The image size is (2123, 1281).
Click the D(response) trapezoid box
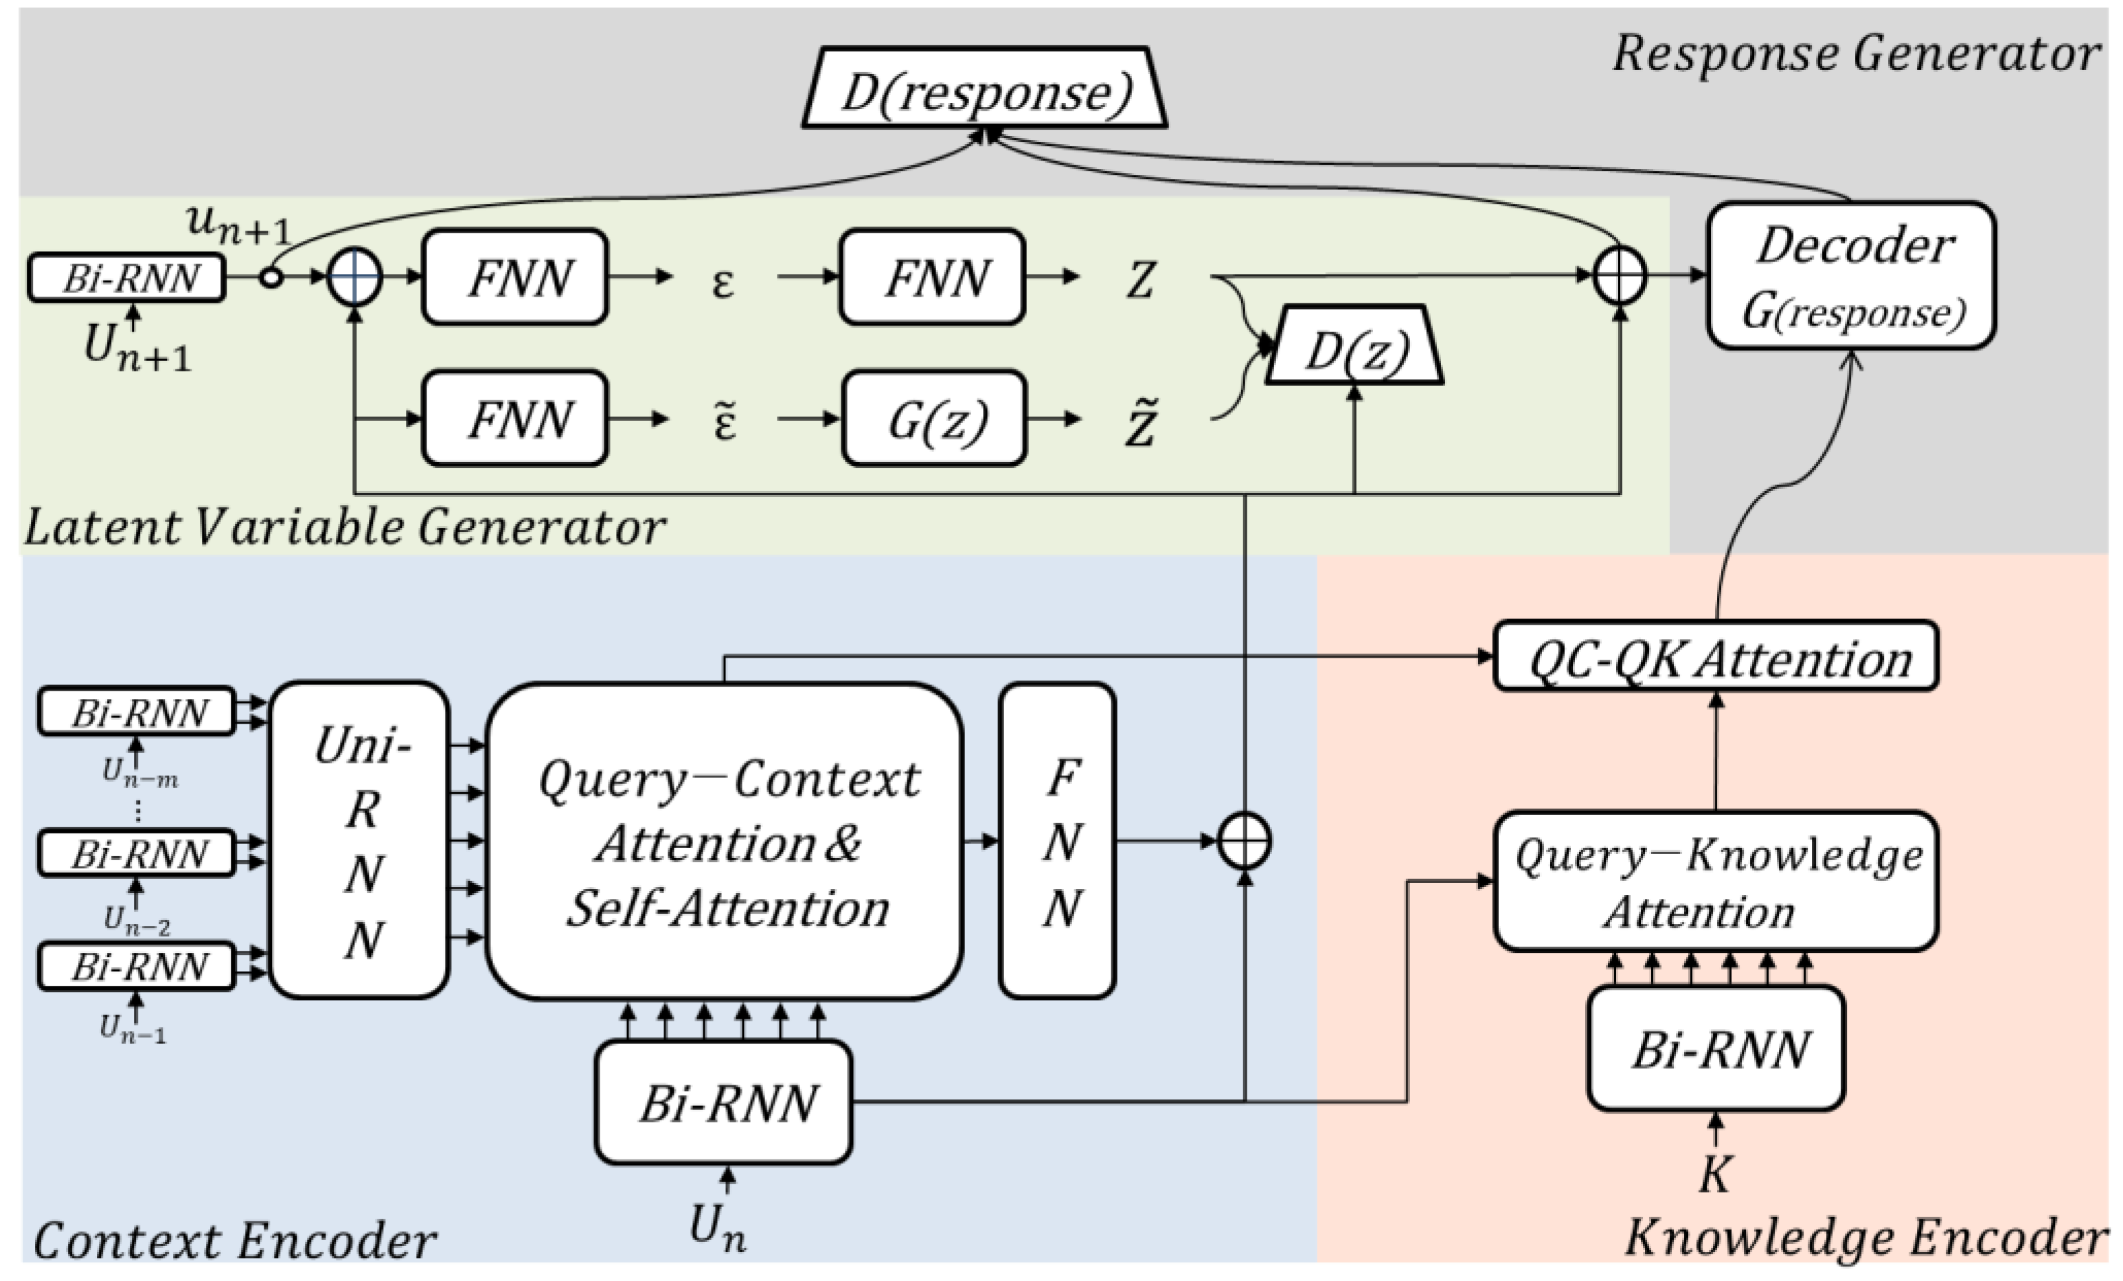985,89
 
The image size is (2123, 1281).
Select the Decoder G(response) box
1851,276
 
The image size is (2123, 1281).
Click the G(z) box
935,419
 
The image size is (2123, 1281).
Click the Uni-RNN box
360,841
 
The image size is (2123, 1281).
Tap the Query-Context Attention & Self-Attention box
725,842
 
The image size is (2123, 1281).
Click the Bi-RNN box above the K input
1716,1048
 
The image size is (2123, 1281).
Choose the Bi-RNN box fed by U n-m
137,712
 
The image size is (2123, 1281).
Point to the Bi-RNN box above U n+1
126,277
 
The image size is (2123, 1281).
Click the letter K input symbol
1714,1173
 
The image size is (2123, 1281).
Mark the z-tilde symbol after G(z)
1141,422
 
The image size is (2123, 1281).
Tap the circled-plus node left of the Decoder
1620,276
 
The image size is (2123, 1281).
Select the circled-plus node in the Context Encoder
1244,840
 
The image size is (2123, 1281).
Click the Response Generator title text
1855,54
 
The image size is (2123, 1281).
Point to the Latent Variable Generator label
345,527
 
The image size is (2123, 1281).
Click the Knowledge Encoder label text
1865,1238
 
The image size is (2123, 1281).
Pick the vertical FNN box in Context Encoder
1058,842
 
